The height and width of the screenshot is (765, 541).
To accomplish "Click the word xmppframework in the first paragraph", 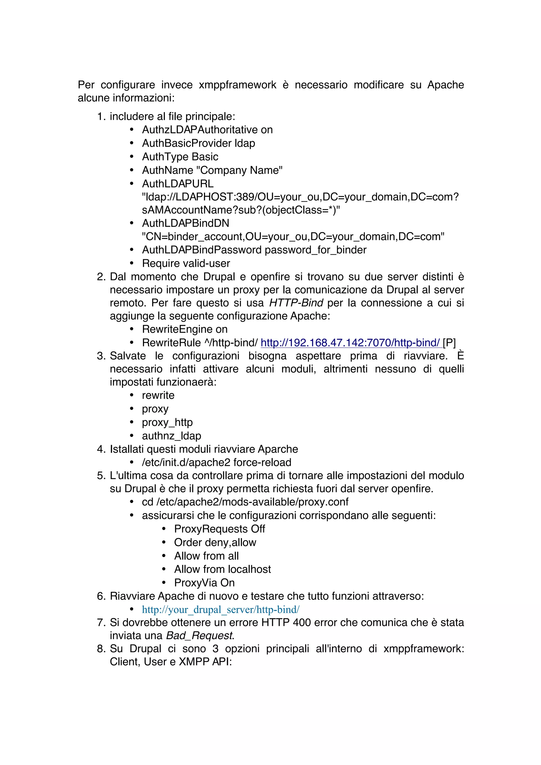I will pyautogui.click(x=237, y=85).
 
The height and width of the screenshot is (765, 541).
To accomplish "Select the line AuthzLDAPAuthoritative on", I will pyautogui.click(x=207, y=130).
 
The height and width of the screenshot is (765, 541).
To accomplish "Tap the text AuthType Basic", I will pyautogui.click(x=180, y=157).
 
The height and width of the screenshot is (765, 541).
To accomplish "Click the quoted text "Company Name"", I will pyautogui.click(x=239, y=170).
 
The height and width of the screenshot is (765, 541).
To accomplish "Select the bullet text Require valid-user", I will pyautogui.click(x=186, y=263).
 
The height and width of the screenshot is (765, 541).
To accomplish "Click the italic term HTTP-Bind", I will pyautogui.click(x=296, y=303).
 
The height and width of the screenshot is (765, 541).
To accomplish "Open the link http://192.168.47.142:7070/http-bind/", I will pyautogui.click(x=350, y=343).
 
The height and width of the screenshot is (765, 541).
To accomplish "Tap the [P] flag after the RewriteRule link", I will pyautogui.click(x=449, y=343).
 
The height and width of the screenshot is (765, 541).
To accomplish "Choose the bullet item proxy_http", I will pyautogui.click(x=167, y=422).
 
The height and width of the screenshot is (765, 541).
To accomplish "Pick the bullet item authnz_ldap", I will pyautogui.click(x=171, y=436).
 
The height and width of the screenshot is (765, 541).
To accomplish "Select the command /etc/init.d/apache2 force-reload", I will pyautogui.click(x=216, y=462).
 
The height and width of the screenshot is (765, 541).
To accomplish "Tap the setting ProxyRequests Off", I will pyautogui.click(x=219, y=529).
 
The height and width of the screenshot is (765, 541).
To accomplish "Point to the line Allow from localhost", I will pyautogui.click(x=222, y=569).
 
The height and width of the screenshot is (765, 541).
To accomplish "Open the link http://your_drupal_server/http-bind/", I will pyautogui.click(x=220, y=610).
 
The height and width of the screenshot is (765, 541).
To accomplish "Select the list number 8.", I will pyautogui.click(x=101, y=649).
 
